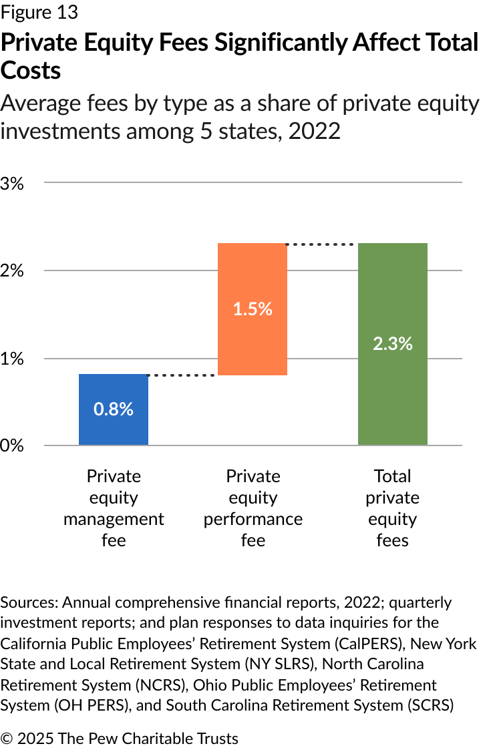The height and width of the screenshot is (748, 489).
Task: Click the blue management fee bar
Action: [x=114, y=427]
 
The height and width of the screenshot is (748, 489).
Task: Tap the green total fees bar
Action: [x=393, y=387]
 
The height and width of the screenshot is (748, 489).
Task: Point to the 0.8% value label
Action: [x=114, y=409]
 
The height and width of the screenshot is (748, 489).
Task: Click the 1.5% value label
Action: [x=253, y=309]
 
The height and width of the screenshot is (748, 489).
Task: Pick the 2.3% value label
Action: [x=393, y=344]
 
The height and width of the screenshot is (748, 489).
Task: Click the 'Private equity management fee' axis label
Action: [x=114, y=508]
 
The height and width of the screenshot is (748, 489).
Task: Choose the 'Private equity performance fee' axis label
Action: [x=253, y=508]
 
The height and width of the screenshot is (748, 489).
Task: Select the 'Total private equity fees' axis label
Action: [x=393, y=508]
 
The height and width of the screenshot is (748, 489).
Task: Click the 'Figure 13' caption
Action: [x=39, y=12]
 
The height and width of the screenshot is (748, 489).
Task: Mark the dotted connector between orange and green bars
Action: [x=322, y=244]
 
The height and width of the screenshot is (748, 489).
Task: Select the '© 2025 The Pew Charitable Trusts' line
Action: [x=120, y=738]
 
